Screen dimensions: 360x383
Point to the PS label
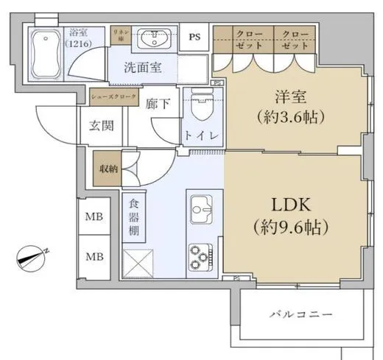pos(194,37)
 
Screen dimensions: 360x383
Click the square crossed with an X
pos(137,264)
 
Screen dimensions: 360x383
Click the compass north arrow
pos(32,256)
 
